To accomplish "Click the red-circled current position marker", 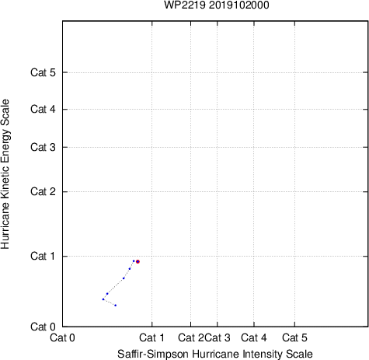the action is click(138, 261).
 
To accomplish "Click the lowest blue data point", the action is click(116, 306).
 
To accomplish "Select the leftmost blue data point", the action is click(103, 299).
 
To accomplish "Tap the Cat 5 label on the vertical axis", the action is click(43, 72).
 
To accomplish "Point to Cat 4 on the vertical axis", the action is click(43, 109).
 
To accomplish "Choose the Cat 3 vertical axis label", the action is click(43, 147).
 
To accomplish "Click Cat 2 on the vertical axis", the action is click(43, 192).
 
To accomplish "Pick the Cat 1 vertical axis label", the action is click(43, 256).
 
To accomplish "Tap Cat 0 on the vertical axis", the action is click(43, 327).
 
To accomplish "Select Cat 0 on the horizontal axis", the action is click(62, 337).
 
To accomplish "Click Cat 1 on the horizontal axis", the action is click(151, 337).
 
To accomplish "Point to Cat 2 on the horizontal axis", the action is click(191, 337).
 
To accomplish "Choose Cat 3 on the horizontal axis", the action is click(218, 337).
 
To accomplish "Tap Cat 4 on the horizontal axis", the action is click(254, 337).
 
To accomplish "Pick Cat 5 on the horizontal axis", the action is click(294, 337).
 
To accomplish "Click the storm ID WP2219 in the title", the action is click(185, 5).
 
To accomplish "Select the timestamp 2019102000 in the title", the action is click(239, 5).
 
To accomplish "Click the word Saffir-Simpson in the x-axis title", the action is click(153, 354).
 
